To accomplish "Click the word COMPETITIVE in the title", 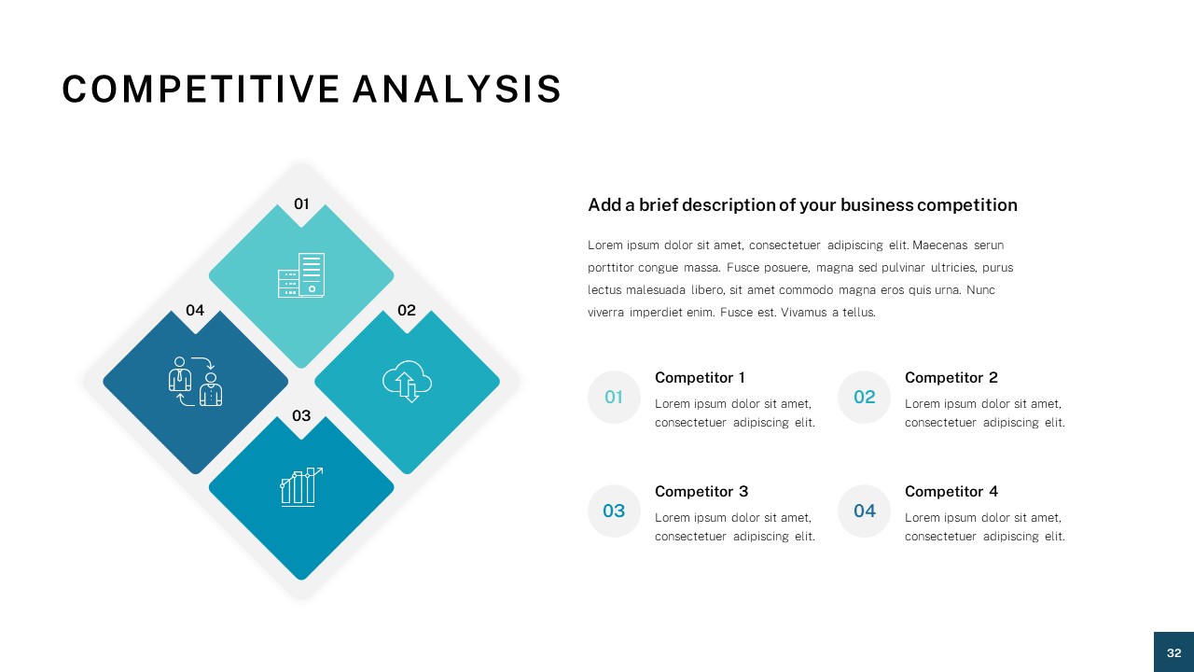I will pos(201,90).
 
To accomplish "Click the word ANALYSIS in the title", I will pos(457,90).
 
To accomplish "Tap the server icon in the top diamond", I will pos(301,275).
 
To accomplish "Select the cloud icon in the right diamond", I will pos(408,381).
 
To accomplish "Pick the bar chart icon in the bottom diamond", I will pos(301,486).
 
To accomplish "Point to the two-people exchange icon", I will pos(196,381).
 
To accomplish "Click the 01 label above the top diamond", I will pos(301,203).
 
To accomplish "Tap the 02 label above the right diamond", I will pos(407,310).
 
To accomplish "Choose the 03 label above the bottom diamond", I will pos(301,415).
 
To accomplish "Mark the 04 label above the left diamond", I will pos(195,310).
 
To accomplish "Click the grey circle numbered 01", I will pos(614,398).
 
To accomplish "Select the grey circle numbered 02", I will pos(864,398).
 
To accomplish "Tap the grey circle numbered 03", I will pos(614,511).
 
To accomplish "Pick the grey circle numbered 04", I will pos(864,511).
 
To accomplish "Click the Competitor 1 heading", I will pos(700,378).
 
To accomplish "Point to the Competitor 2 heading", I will pos(951,378).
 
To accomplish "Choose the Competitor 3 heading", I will pos(701,492).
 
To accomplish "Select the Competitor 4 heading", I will pos(951,492).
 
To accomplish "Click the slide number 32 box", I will pos(1173,652).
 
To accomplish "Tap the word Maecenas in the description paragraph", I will pos(939,245).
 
